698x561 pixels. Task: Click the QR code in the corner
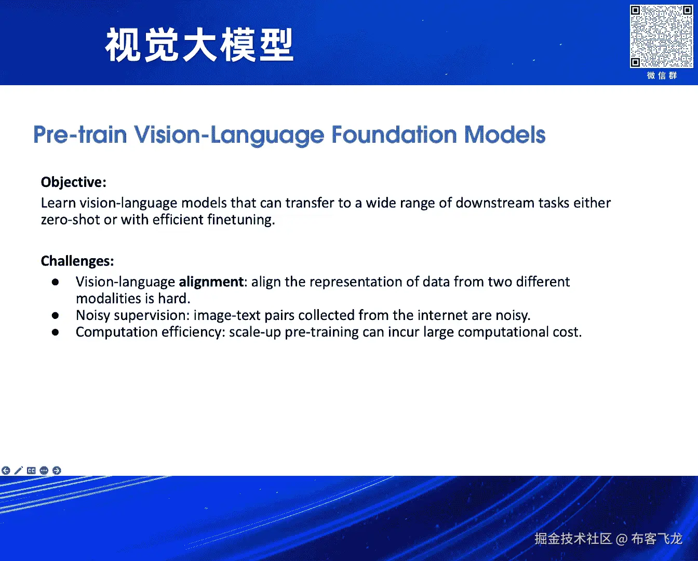point(661,36)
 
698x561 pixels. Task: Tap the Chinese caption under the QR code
point(662,76)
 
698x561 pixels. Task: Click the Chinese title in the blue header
point(199,45)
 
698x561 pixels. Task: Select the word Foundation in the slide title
point(394,135)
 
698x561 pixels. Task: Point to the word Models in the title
point(505,135)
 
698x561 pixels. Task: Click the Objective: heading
point(74,182)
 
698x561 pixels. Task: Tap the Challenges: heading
point(77,261)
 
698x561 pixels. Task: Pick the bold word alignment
point(211,282)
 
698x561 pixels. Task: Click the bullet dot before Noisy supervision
point(55,315)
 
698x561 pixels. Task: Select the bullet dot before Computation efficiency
point(55,332)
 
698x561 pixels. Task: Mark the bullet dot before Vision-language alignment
point(55,282)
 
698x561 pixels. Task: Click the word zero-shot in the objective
point(71,220)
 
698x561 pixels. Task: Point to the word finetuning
point(241,220)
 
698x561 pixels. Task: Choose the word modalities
point(109,299)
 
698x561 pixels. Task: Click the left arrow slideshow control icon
point(6,471)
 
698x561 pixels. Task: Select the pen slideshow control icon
point(19,471)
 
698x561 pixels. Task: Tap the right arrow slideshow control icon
point(57,471)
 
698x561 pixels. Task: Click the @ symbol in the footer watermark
point(622,539)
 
